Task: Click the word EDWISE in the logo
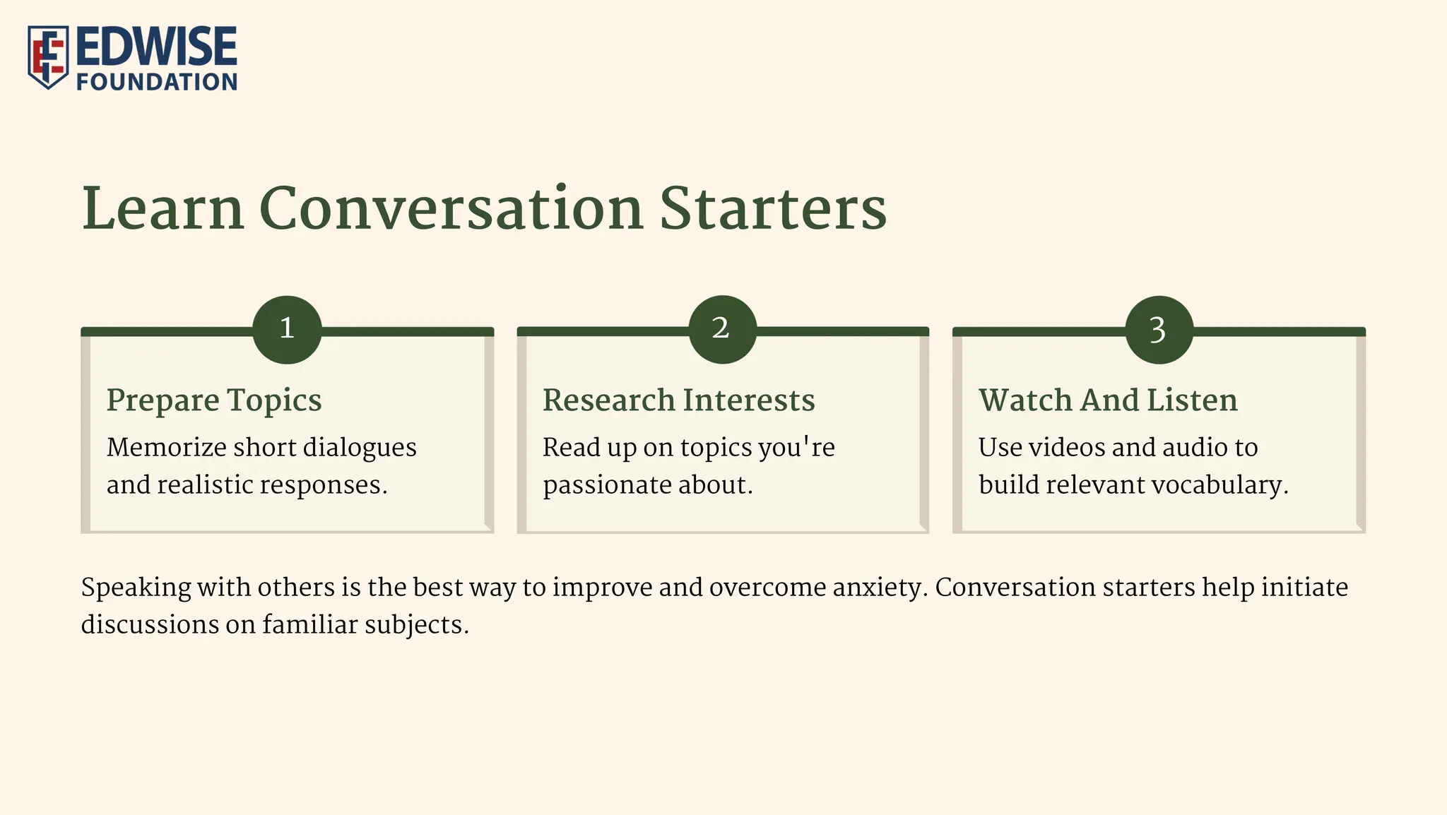156,46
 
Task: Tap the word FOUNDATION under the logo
156,82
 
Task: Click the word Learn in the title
163,209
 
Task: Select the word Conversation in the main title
451,209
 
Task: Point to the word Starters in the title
772,209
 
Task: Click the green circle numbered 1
287,329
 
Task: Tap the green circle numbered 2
722,329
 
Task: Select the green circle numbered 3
1159,329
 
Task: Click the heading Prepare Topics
214,400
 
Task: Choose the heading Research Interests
678,400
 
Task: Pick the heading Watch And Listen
1107,400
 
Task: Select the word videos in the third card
1067,448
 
